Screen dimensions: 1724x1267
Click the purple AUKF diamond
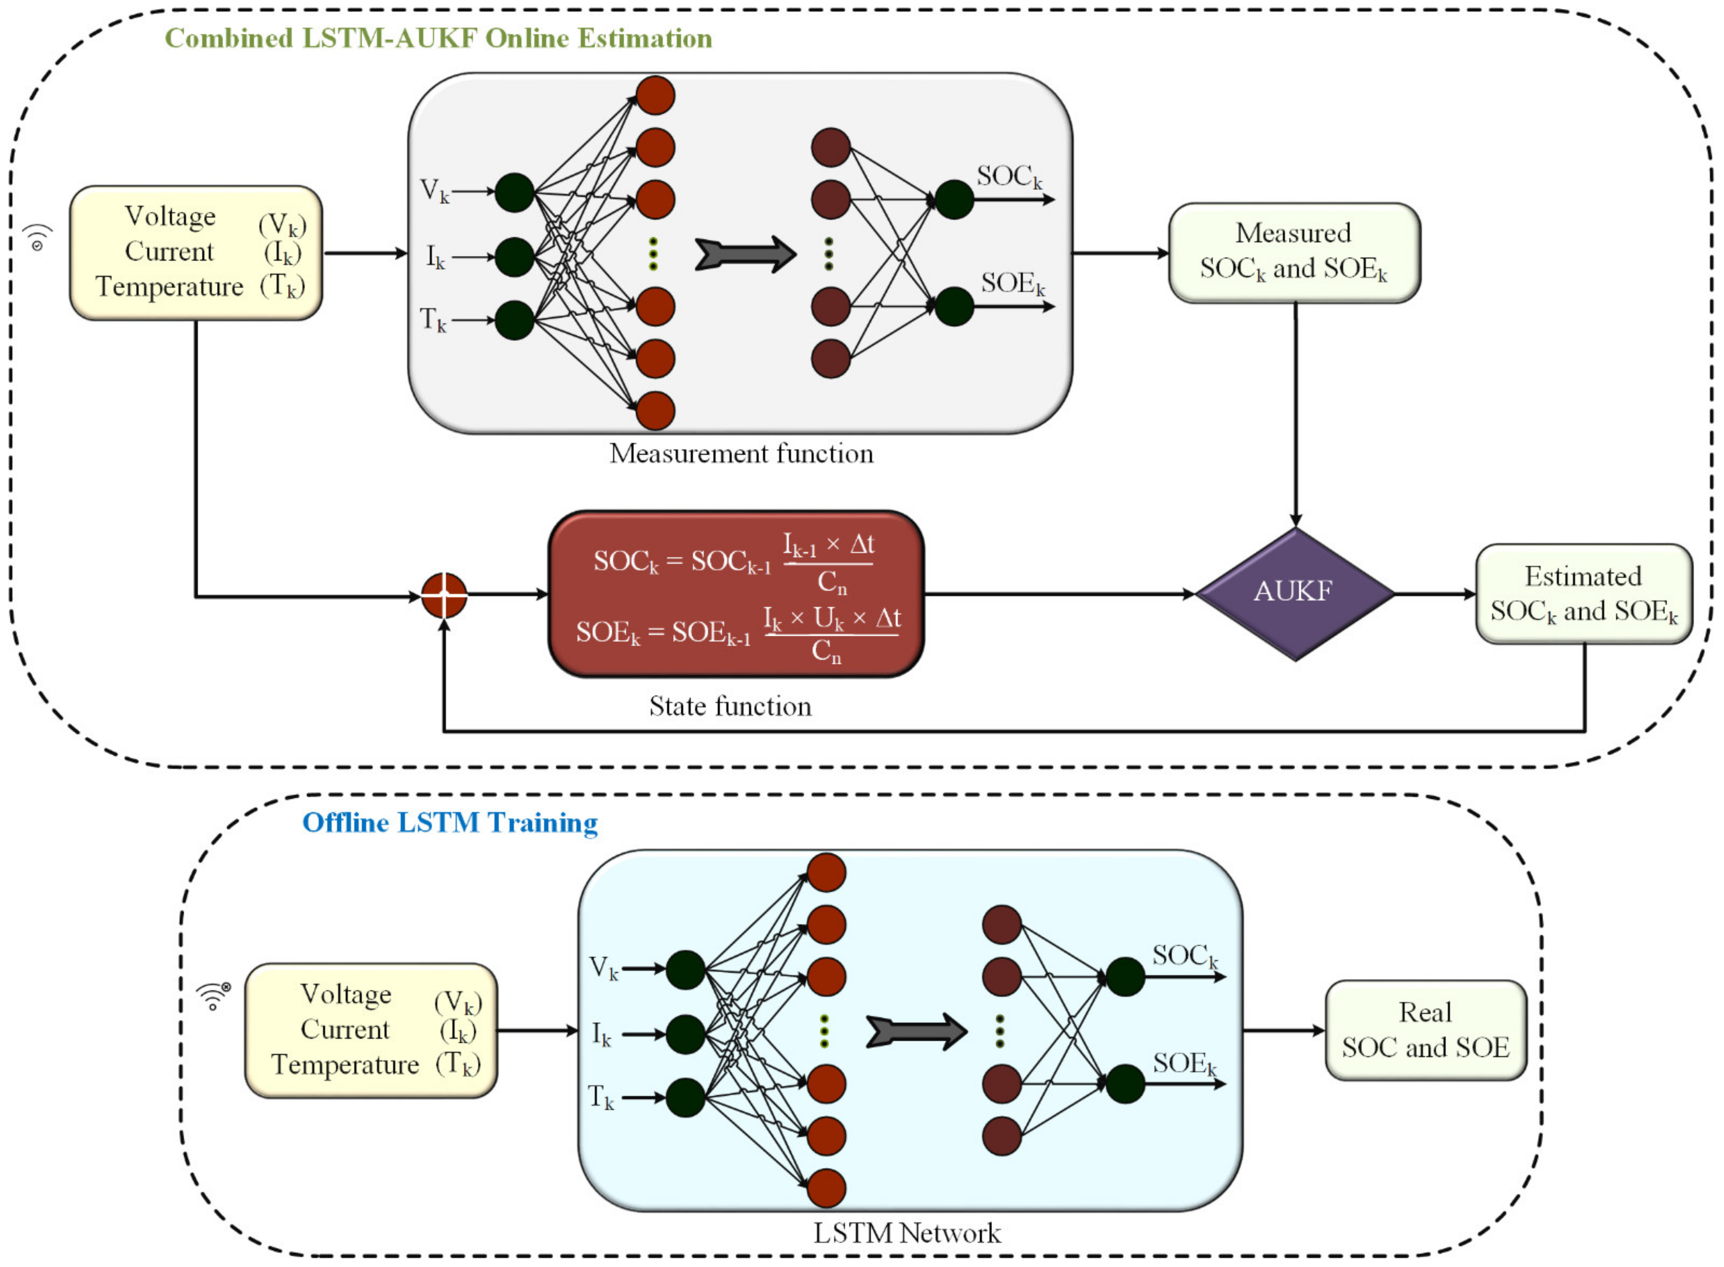coord(1295,594)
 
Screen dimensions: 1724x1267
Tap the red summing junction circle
coord(444,595)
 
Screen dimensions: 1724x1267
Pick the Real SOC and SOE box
coord(1426,1030)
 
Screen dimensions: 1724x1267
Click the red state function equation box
coord(736,594)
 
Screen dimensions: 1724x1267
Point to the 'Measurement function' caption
coord(742,453)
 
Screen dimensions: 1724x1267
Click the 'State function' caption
coord(730,705)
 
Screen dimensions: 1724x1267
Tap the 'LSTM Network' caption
coord(907,1233)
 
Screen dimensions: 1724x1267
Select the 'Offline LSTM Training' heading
coord(450,822)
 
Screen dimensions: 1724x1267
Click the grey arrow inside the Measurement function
coord(745,254)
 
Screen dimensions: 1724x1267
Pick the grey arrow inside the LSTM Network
coord(916,1032)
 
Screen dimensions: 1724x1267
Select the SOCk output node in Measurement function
coord(954,200)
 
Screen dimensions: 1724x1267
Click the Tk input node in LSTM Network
coord(685,1098)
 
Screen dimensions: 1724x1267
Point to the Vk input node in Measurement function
coord(514,192)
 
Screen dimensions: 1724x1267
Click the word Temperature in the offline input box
coord(345,1064)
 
